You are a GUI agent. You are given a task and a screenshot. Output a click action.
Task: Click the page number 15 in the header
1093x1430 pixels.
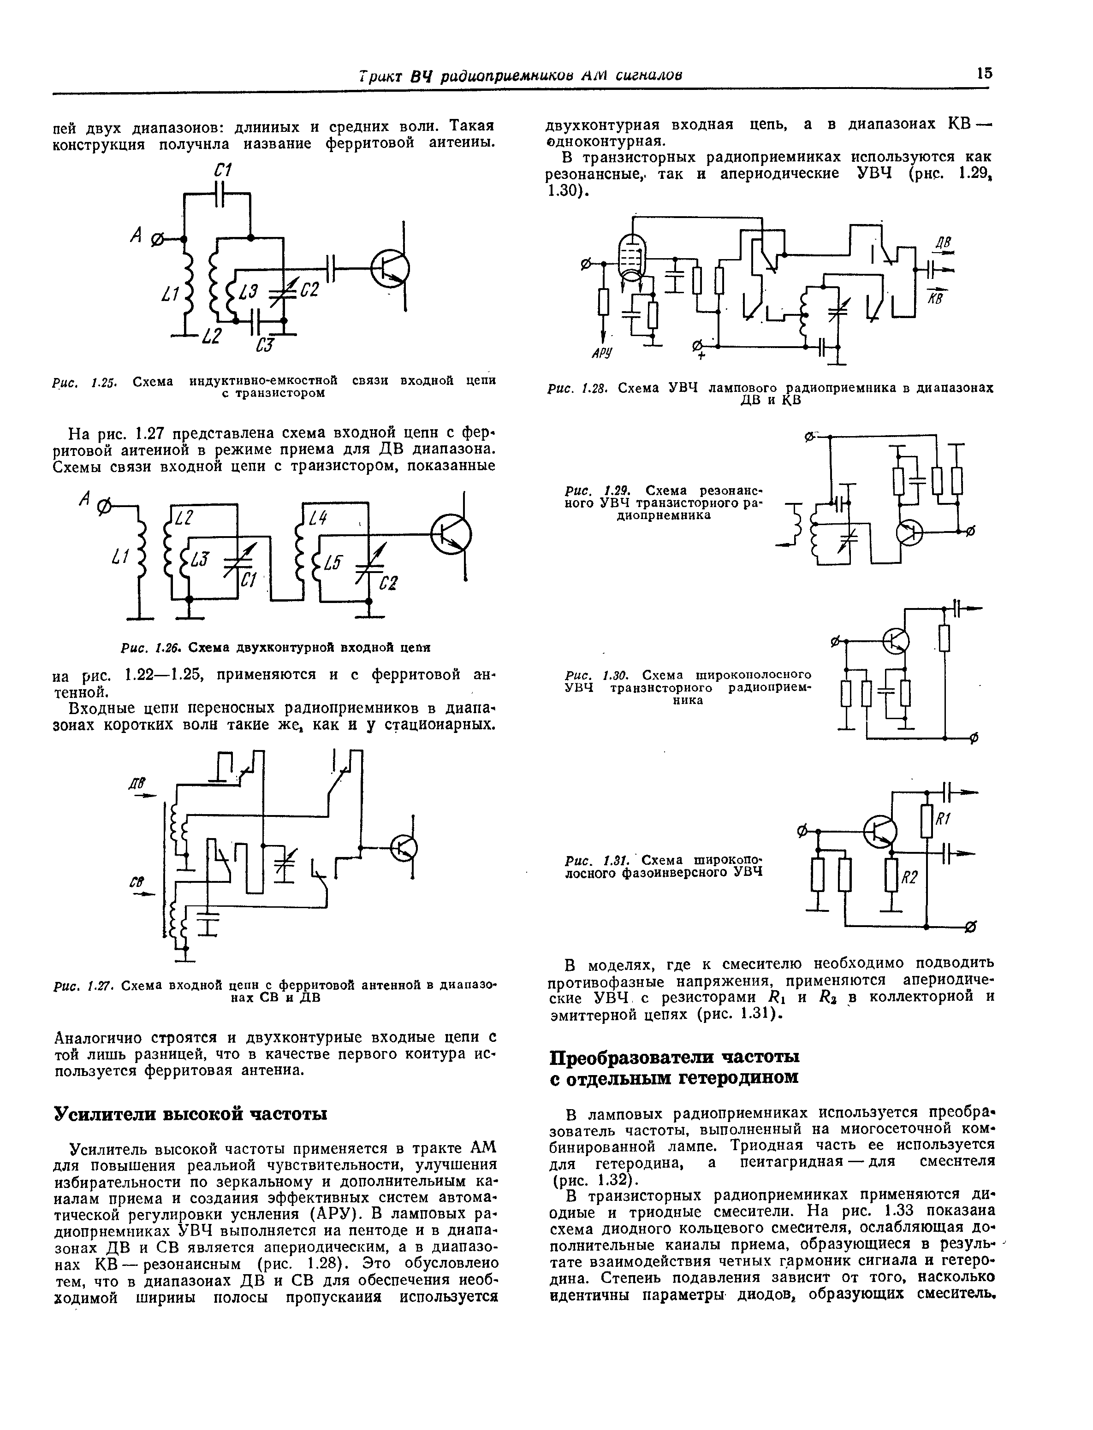coord(984,73)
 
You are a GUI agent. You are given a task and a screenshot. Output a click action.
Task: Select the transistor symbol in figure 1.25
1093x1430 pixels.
coord(389,269)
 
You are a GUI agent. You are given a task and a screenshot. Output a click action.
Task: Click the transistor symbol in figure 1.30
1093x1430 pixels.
coord(897,641)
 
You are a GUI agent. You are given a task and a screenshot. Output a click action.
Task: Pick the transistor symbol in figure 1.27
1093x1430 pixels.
coord(404,847)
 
